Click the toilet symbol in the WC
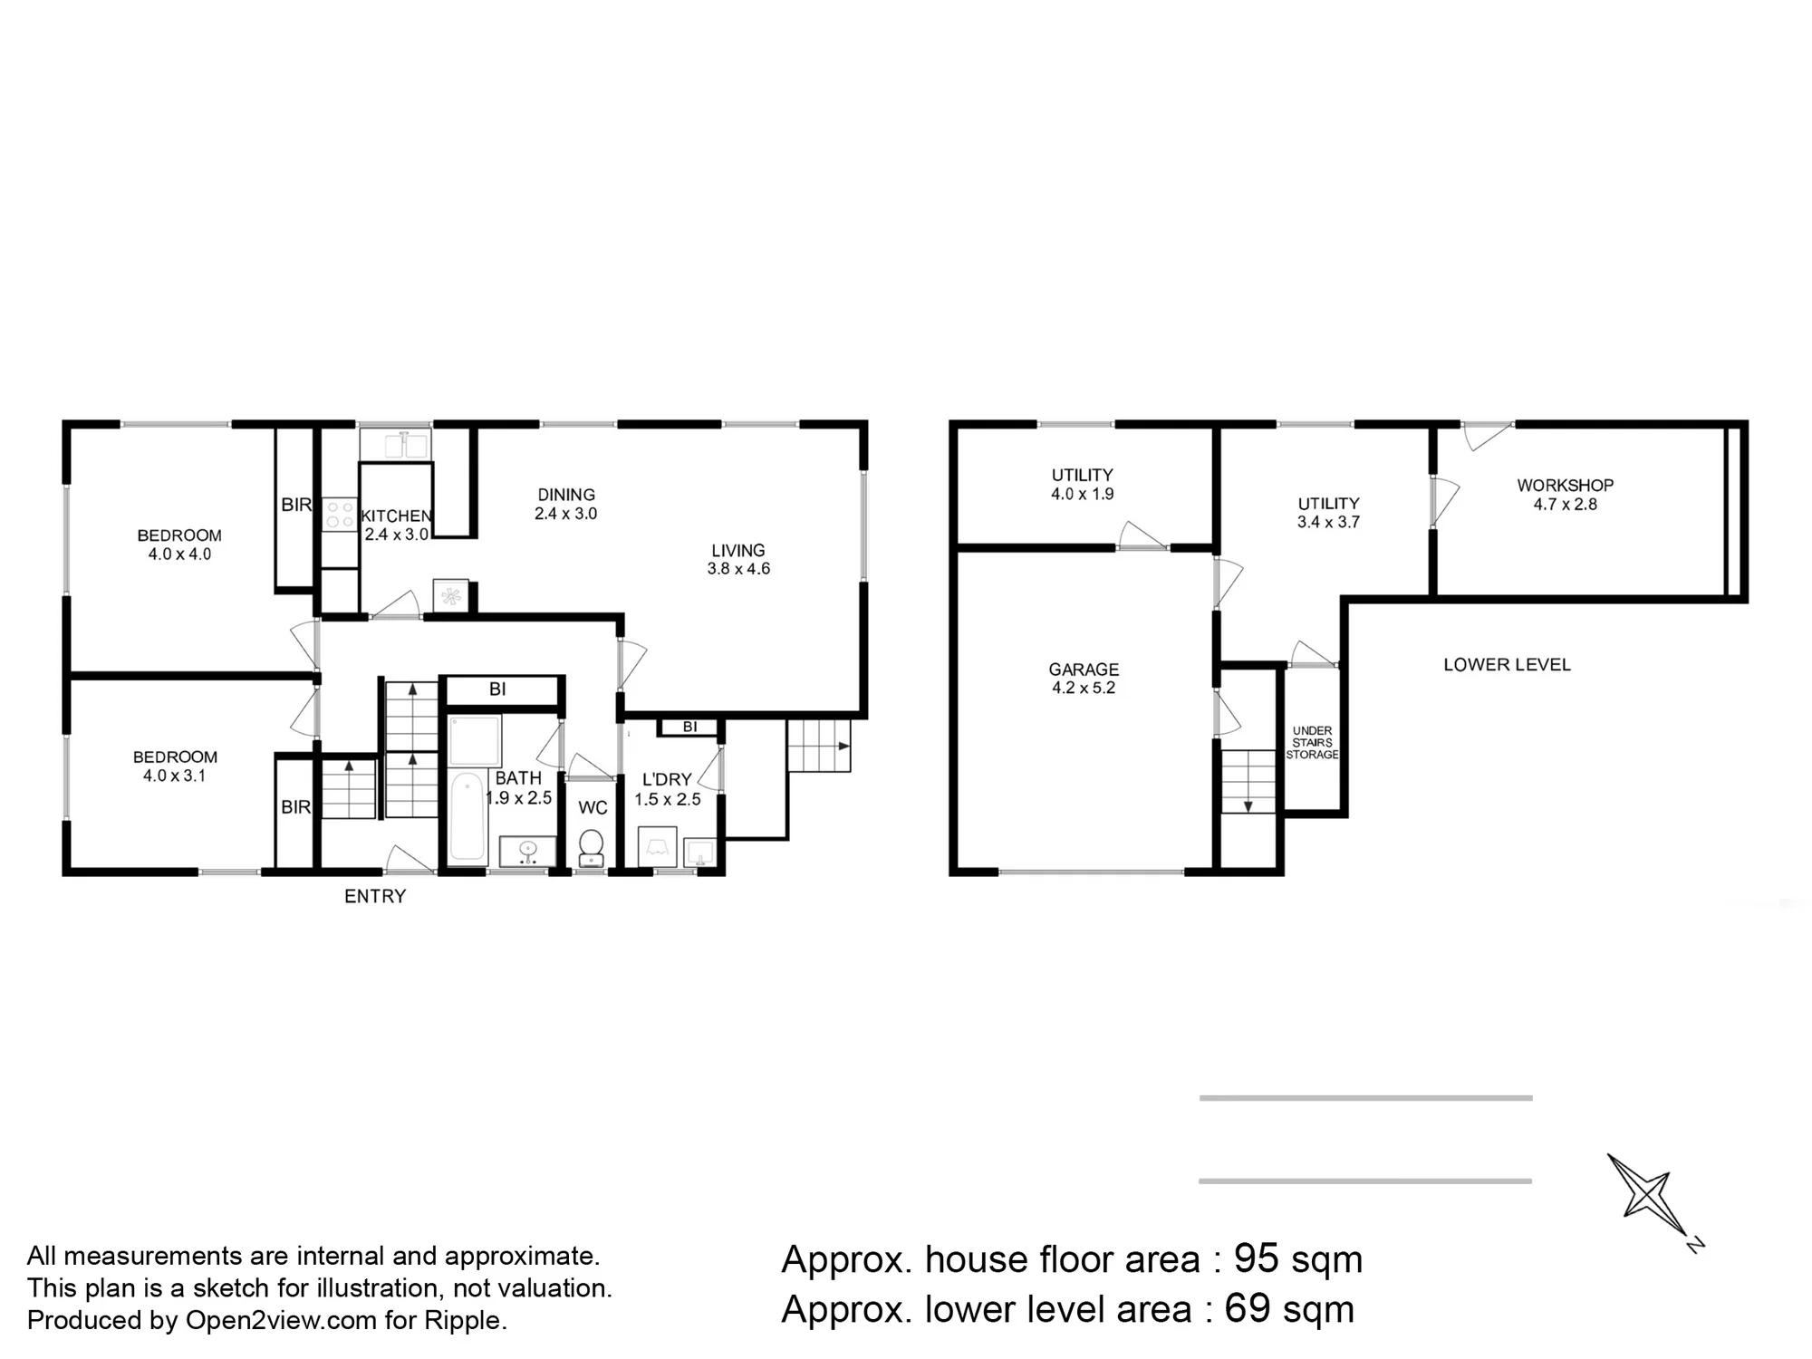pyautogui.click(x=592, y=848)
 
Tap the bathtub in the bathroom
pyautogui.click(x=467, y=815)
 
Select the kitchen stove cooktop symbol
pyautogui.click(x=341, y=515)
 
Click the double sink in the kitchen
pyautogui.click(x=395, y=445)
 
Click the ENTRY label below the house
pyautogui.click(x=375, y=896)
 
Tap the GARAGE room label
pyautogui.click(x=1084, y=670)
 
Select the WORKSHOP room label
pyautogui.click(x=1566, y=486)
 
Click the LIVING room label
pyautogui.click(x=738, y=550)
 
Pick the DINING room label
pyautogui.click(x=566, y=495)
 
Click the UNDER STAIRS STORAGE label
pyautogui.click(x=1312, y=742)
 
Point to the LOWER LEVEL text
pyautogui.click(x=1507, y=664)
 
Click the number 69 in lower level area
pyautogui.click(x=1248, y=1308)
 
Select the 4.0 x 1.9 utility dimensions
pyautogui.click(x=1083, y=494)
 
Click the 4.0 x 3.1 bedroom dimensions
pyautogui.click(x=175, y=776)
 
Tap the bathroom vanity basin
pyautogui.click(x=527, y=851)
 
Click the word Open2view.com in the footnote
pyautogui.click(x=281, y=1320)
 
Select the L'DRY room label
pyautogui.click(x=667, y=779)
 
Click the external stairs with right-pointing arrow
pyautogui.click(x=819, y=746)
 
